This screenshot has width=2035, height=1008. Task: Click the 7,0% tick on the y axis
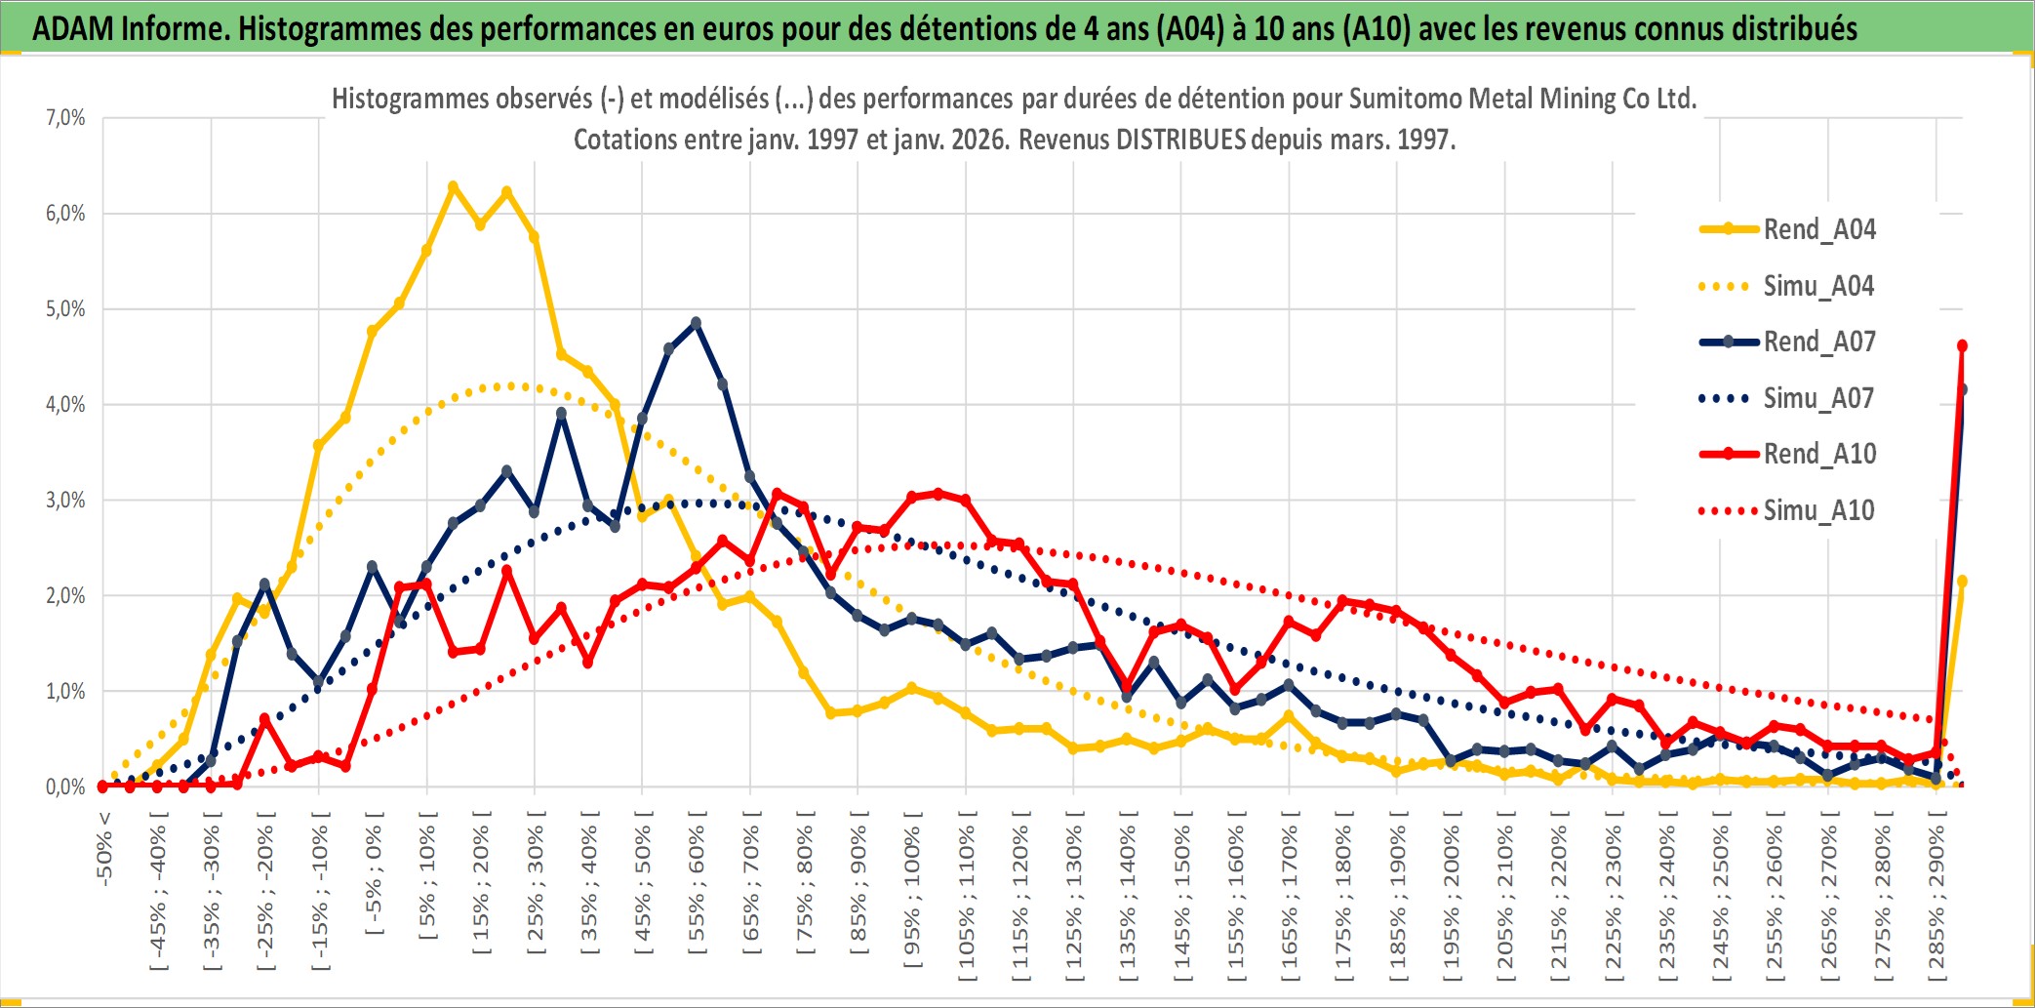(x=65, y=118)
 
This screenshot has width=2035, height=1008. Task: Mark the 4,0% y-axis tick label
(x=65, y=404)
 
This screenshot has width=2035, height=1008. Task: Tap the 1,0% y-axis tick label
(x=65, y=691)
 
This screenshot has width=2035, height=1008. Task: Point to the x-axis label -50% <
(x=103, y=849)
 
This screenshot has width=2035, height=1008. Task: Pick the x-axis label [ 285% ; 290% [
(x=1936, y=898)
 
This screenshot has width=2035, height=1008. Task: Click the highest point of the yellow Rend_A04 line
(x=453, y=185)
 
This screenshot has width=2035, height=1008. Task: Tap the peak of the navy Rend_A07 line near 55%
(x=696, y=322)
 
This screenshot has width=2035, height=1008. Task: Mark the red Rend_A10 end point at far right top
(x=1962, y=345)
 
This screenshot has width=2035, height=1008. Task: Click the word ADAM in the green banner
(x=73, y=28)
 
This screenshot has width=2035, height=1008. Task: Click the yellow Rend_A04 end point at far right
(x=1962, y=582)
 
